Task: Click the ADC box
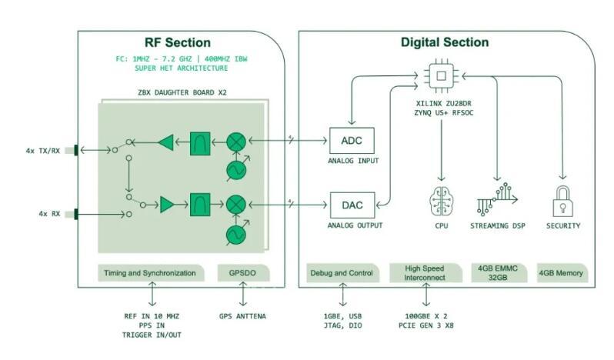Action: pos(352,142)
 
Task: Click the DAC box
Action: pos(352,205)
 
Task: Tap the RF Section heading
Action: pos(178,42)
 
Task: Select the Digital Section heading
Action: pos(445,42)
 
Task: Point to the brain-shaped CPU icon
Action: pos(442,201)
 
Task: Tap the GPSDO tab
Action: pos(243,273)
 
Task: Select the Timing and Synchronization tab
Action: pos(152,273)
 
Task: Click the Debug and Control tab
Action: pos(342,273)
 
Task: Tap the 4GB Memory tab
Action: pos(560,273)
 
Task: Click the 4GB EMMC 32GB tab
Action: pos(497,273)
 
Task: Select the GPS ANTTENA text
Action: pos(244,316)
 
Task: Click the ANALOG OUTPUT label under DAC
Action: pos(355,226)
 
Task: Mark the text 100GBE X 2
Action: pos(425,316)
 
